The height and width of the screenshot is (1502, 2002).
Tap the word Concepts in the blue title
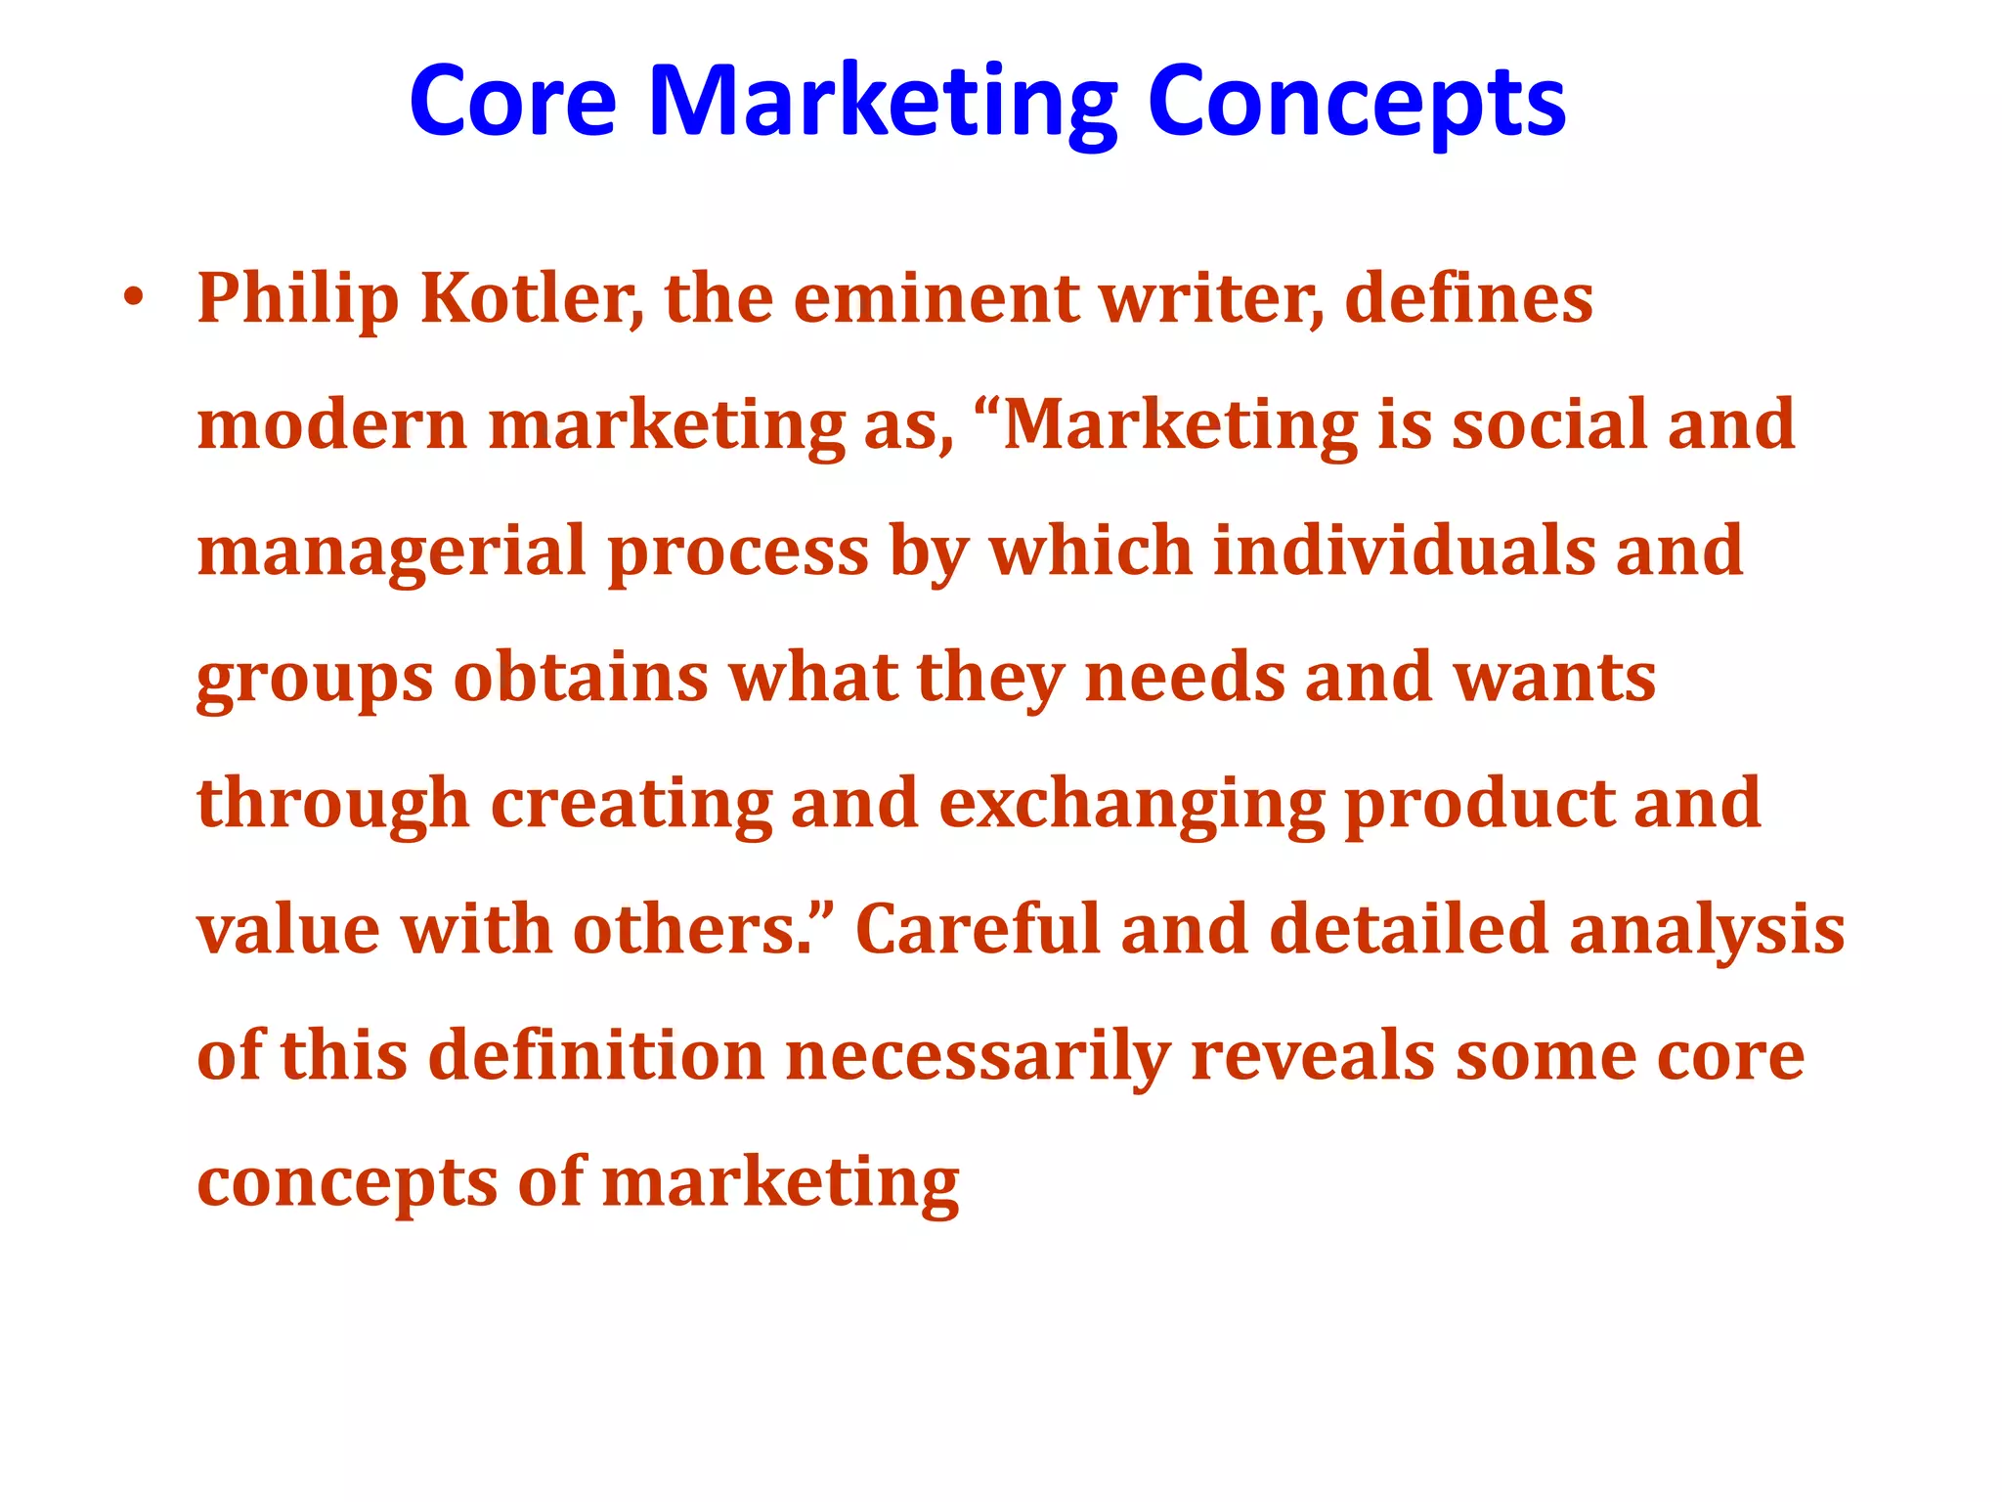(x=1357, y=103)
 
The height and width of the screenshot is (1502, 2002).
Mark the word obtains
(x=581, y=677)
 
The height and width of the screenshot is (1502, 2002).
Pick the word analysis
(x=1707, y=930)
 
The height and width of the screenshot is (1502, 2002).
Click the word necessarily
(x=978, y=1057)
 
